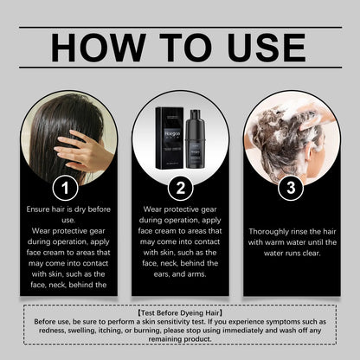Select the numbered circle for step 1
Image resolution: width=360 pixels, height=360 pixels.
point(65,186)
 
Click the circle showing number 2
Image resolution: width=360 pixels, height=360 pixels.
point(180,186)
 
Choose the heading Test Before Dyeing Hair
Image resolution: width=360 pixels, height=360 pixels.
point(180,309)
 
